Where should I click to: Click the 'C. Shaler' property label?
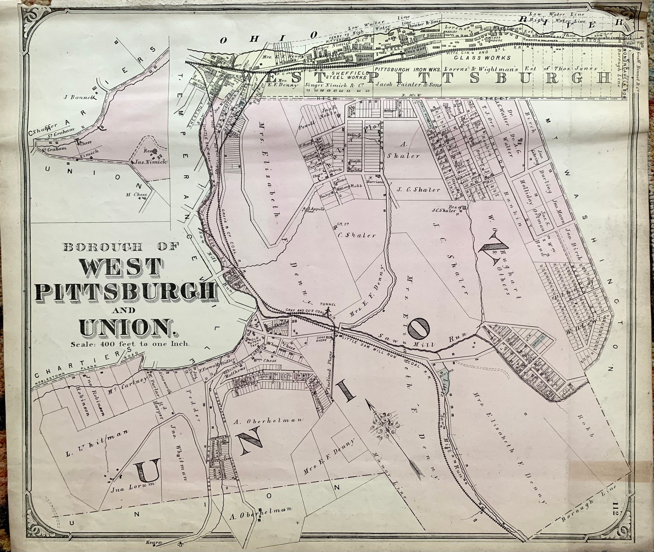tap(356, 235)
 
